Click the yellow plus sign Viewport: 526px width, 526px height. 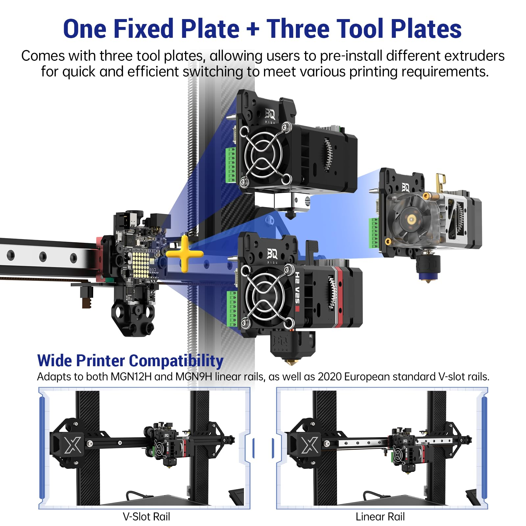pos(184,254)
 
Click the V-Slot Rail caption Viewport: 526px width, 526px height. pos(146,517)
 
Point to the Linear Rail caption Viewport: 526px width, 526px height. pos(380,517)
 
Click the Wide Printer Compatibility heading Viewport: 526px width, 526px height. pos(130,361)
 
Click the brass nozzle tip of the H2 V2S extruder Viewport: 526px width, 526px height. pos(290,362)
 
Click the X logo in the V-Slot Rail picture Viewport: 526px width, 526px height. pos(73,445)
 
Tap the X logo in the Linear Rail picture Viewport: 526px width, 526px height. pos(310,445)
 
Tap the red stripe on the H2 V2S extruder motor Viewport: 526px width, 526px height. pos(339,298)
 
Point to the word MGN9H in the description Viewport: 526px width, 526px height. pos(194,377)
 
